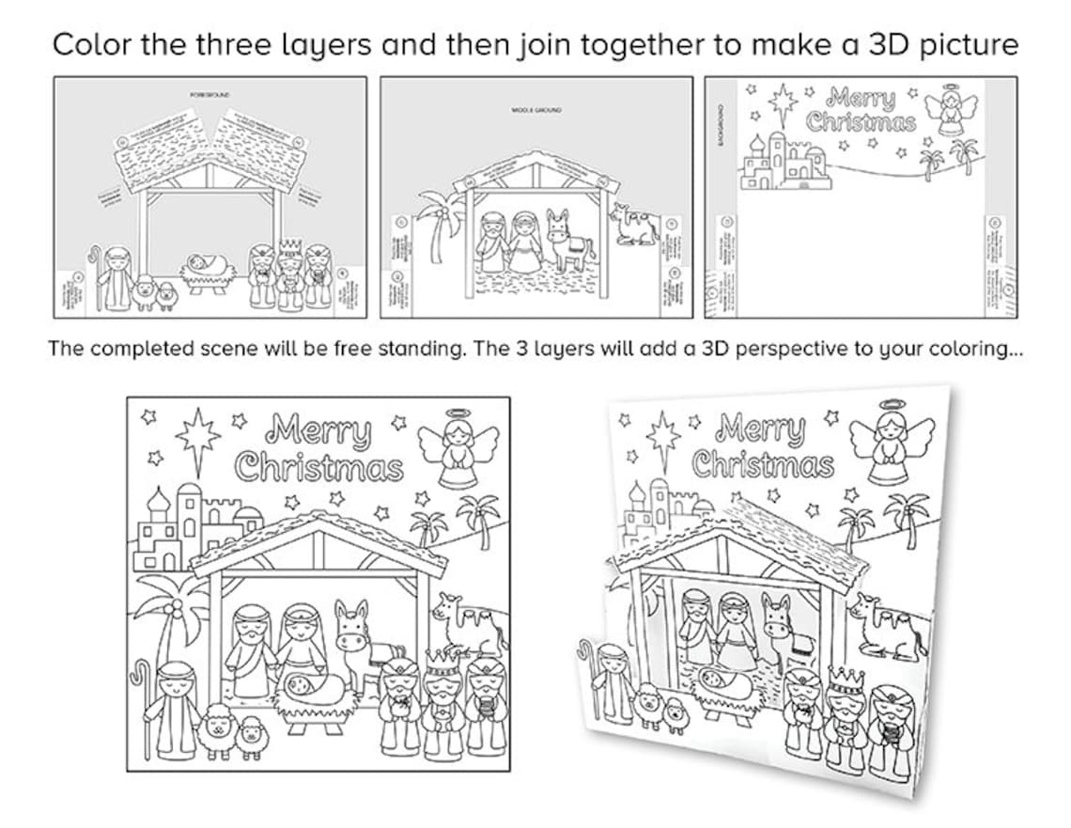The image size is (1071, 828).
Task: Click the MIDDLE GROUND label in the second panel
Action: [x=536, y=111]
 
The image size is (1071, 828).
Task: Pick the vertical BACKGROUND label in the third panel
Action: [x=722, y=123]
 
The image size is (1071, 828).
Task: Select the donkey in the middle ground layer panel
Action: [x=567, y=240]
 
